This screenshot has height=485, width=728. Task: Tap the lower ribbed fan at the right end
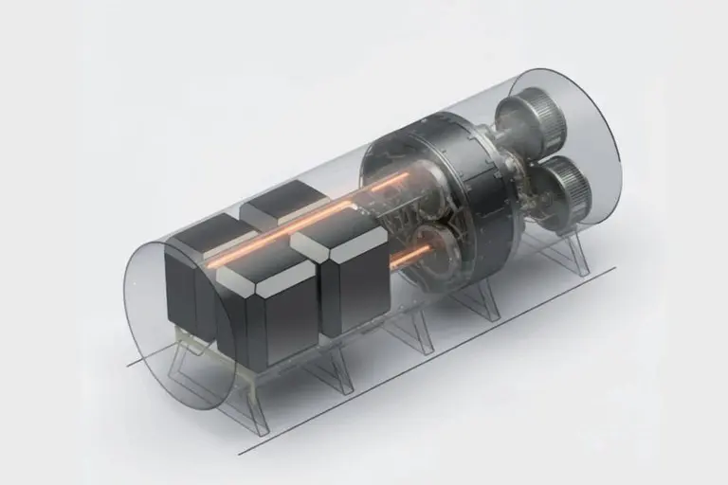(565, 186)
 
